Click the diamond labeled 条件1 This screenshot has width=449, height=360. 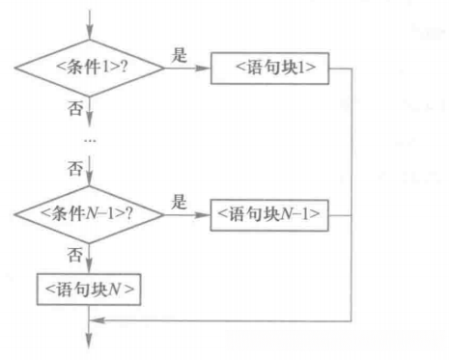[89, 69]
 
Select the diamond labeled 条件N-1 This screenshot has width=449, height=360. [89, 212]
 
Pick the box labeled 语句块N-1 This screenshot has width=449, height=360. [266, 212]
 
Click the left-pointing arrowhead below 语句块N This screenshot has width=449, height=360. [97, 318]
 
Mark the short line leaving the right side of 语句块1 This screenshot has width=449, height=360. [338, 69]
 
